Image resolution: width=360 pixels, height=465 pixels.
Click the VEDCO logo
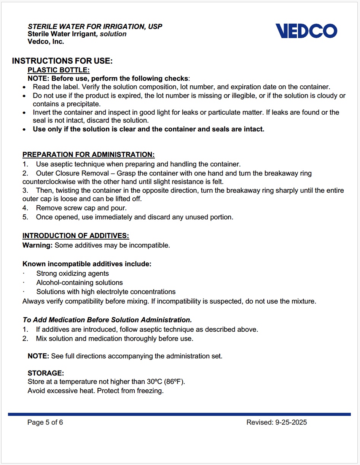(306, 31)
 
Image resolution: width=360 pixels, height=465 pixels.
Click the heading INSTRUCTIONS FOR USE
(62, 61)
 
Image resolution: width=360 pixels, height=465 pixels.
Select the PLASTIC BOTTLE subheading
(59, 70)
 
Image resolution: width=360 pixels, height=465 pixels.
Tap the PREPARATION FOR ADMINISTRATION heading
(89, 155)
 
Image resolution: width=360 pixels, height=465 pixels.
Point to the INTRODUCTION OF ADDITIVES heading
(76, 236)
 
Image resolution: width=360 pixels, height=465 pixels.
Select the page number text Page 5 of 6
(45, 422)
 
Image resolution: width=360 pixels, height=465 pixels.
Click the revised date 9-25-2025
(291, 422)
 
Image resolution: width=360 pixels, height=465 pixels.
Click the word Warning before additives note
(37, 245)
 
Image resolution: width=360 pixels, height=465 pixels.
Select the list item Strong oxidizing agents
(72, 273)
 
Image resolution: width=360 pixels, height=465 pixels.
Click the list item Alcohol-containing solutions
(80, 283)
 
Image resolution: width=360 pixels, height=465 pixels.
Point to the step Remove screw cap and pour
(81, 208)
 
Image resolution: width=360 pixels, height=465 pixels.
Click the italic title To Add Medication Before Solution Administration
(107, 320)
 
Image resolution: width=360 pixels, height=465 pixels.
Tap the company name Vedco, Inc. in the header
(46, 42)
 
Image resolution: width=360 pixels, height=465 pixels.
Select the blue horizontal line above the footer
(179, 414)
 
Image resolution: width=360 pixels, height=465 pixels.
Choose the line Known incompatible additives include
(87, 264)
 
